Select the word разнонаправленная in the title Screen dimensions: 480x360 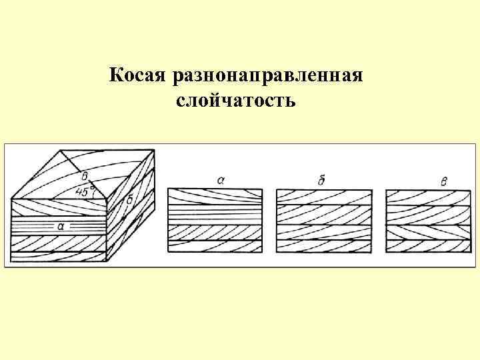(x=267, y=76)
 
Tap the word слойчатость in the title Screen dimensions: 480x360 (x=236, y=101)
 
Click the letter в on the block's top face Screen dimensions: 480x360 (x=85, y=177)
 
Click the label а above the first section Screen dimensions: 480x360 (x=221, y=179)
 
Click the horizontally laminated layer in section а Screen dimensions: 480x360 (x=214, y=214)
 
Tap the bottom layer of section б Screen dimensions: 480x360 (x=323, y=246)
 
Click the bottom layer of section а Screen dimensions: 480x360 (x=214, y=246)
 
